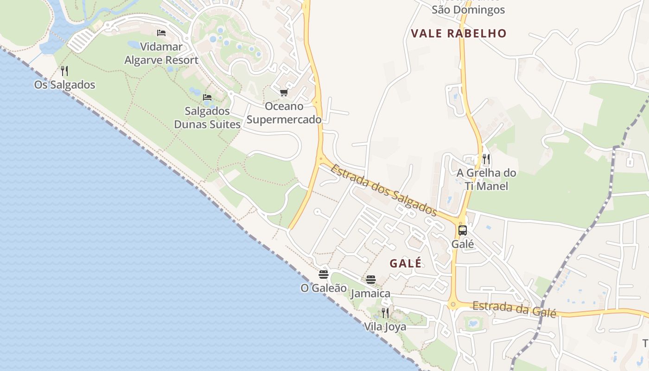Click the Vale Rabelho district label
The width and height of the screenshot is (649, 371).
[458, 33]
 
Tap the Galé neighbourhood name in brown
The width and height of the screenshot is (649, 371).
[406, 263]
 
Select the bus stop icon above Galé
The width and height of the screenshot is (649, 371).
[462, 230]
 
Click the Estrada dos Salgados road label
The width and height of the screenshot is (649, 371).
[384, 190]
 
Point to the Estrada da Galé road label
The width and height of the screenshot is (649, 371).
[514, 309]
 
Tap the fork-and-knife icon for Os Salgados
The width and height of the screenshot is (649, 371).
[64, 71]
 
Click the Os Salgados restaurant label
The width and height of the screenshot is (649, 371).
[64, 85]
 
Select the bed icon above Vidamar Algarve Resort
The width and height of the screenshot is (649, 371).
[161, 33]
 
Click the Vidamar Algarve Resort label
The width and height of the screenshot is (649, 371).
[161, 53]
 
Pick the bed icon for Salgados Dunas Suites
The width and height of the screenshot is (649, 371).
[207, 97]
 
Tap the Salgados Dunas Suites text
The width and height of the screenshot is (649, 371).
[207, 118]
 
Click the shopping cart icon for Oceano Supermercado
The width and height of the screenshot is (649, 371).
[284, 93]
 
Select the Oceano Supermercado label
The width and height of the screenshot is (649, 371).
[284, 113]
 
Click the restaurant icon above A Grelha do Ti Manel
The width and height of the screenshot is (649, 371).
[486, 159]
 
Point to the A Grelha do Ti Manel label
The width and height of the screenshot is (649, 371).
[486, 179]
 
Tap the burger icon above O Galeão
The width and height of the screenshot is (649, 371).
[324, 274]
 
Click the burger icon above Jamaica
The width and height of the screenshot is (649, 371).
[370, 279]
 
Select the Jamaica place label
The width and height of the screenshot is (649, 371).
[370, 294]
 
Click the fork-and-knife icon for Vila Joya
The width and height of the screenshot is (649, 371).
[385, 313]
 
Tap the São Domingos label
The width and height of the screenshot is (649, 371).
[468, 9]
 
